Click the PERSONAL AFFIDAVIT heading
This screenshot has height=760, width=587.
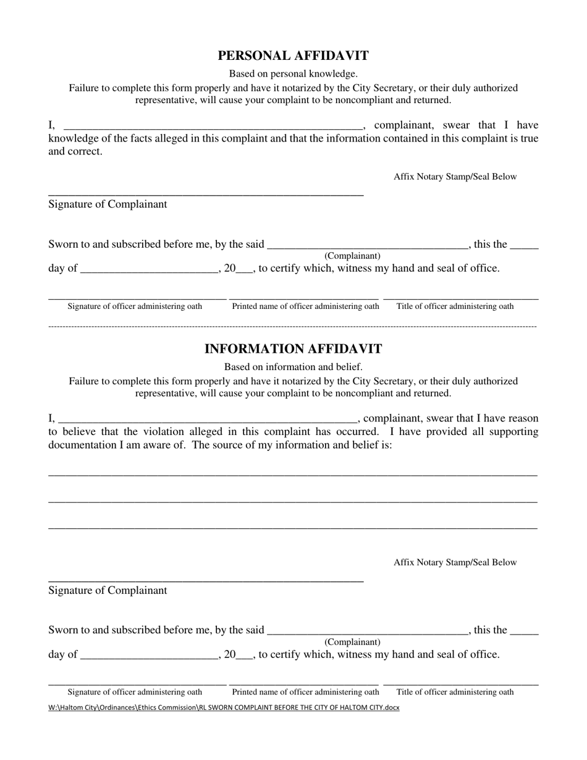click(293, 56)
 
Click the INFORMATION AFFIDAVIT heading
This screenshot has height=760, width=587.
click(293, 349)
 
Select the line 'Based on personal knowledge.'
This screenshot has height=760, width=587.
click(293, 74)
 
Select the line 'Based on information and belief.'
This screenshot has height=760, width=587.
click(293, 367)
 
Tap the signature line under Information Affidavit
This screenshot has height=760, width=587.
click(206, 580)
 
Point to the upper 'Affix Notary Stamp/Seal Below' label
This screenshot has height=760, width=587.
click(455, 177)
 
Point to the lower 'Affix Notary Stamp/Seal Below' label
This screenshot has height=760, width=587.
click(455, 563)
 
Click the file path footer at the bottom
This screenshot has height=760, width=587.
click(224, 708)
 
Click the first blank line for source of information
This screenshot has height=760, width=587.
click(293, 474)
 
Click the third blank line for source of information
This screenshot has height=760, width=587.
click(293, 528)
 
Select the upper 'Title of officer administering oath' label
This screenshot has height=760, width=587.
click(455, 306)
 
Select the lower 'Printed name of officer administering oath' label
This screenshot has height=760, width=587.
click(305, 692)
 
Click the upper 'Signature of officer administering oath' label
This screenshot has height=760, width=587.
click(135, 306)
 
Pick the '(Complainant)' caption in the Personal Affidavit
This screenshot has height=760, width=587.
click(352, 256)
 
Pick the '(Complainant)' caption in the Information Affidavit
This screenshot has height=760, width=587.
click(352, 642)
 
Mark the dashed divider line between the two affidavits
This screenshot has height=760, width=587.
click(293, 326)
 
